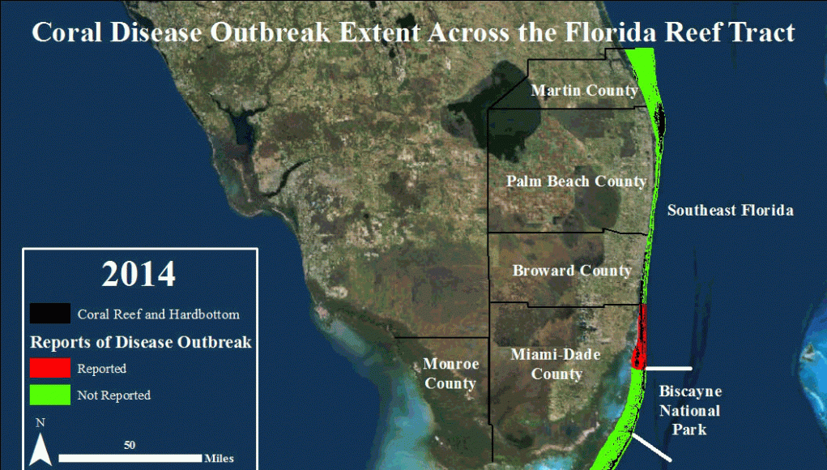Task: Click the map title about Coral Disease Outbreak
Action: click(413, 32)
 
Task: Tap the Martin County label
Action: click(584, 91)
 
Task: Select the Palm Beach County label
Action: click(577, 182)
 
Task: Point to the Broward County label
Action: click(572, 271)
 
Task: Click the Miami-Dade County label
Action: click(556, 364)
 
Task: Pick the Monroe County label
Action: click(451, 374)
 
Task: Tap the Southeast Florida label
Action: click(731, 211)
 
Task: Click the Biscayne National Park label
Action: click(690, 410)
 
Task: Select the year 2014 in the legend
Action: click(139, 274)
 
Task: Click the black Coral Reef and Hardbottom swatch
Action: click(50, 314)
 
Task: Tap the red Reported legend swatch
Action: click(50, 368)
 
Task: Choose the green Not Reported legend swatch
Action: click(50, 395)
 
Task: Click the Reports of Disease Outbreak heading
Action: click(141, 342)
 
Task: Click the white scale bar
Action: click(130, 458)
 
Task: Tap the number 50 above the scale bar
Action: click(130, 445)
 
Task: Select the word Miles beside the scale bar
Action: click(219, 459)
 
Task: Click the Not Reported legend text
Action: click(114, 395)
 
